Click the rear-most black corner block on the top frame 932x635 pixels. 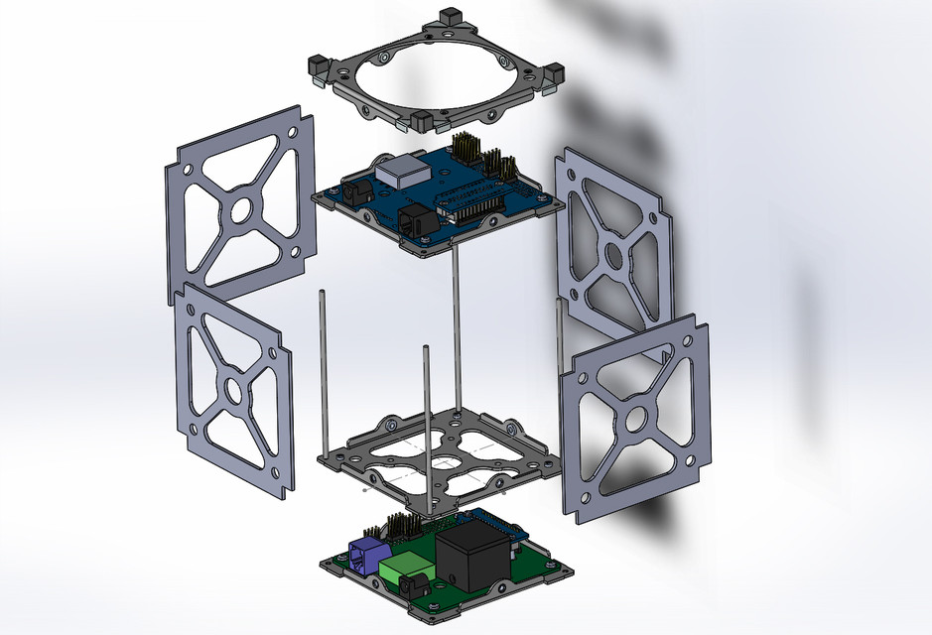tap(448, 16)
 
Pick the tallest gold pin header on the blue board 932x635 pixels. tap(464, 147)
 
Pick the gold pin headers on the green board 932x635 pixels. tap(390, 527)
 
